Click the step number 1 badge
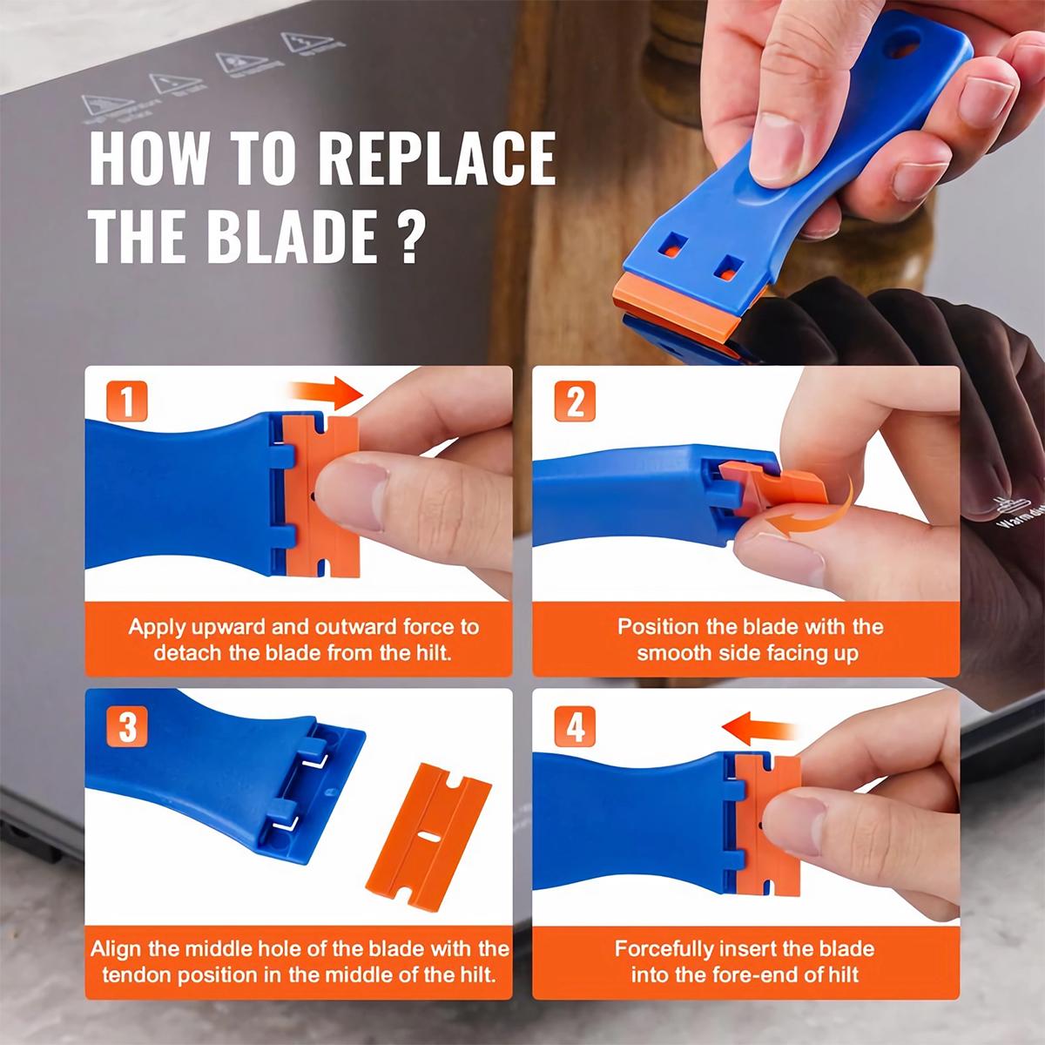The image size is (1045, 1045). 127,404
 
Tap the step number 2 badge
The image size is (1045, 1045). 575,404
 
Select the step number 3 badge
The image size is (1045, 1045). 127,727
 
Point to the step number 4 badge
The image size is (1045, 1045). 575,727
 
